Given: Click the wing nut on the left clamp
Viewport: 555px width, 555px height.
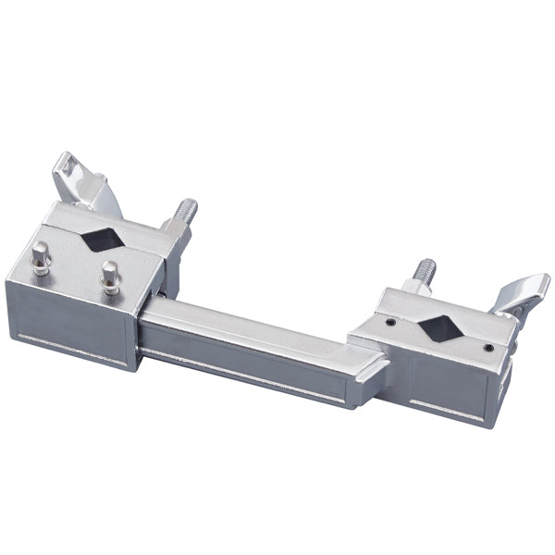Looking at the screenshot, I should pos(74,176).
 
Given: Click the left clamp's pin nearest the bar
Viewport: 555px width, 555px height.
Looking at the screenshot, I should pos(110,275).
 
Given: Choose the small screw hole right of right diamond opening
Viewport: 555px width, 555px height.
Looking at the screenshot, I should pos(487,348).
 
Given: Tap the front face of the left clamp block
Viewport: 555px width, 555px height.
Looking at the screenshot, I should pos(69,324).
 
